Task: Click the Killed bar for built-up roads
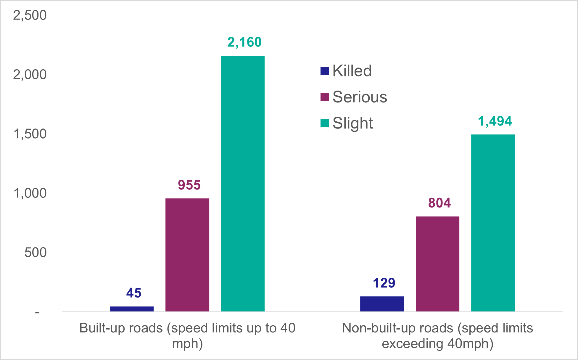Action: click(x=132, y=309)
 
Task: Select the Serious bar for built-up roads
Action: click(x=187, y=255)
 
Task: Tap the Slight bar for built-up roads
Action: click(x=243, y=184)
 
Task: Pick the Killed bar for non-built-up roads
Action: click(x=382, y=304)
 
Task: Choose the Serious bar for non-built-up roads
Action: click(x=437, y=263)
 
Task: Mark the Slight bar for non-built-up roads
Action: click(x=493, y=223)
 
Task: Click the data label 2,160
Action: click(x=244, y=42)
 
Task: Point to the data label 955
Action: click(x=189, y=185)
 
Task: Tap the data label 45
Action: click(x=134, y=293)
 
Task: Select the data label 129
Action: click(x=384, y=283)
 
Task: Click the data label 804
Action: click(x=439, y=203)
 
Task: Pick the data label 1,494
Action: click(x=495, y=121)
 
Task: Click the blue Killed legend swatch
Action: click(x=325, y=71)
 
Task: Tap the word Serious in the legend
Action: click(x=360, y=97)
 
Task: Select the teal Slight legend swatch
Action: click(x=325, y=123)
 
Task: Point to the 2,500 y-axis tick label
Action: click(x=30, y=15)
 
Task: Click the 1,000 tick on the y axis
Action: click(x=30, y=193)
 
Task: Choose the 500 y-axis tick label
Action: click(x=36, y=253)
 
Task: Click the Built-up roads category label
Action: click(x=187, y=335)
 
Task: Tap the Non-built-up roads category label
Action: click(x=437, y=335)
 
